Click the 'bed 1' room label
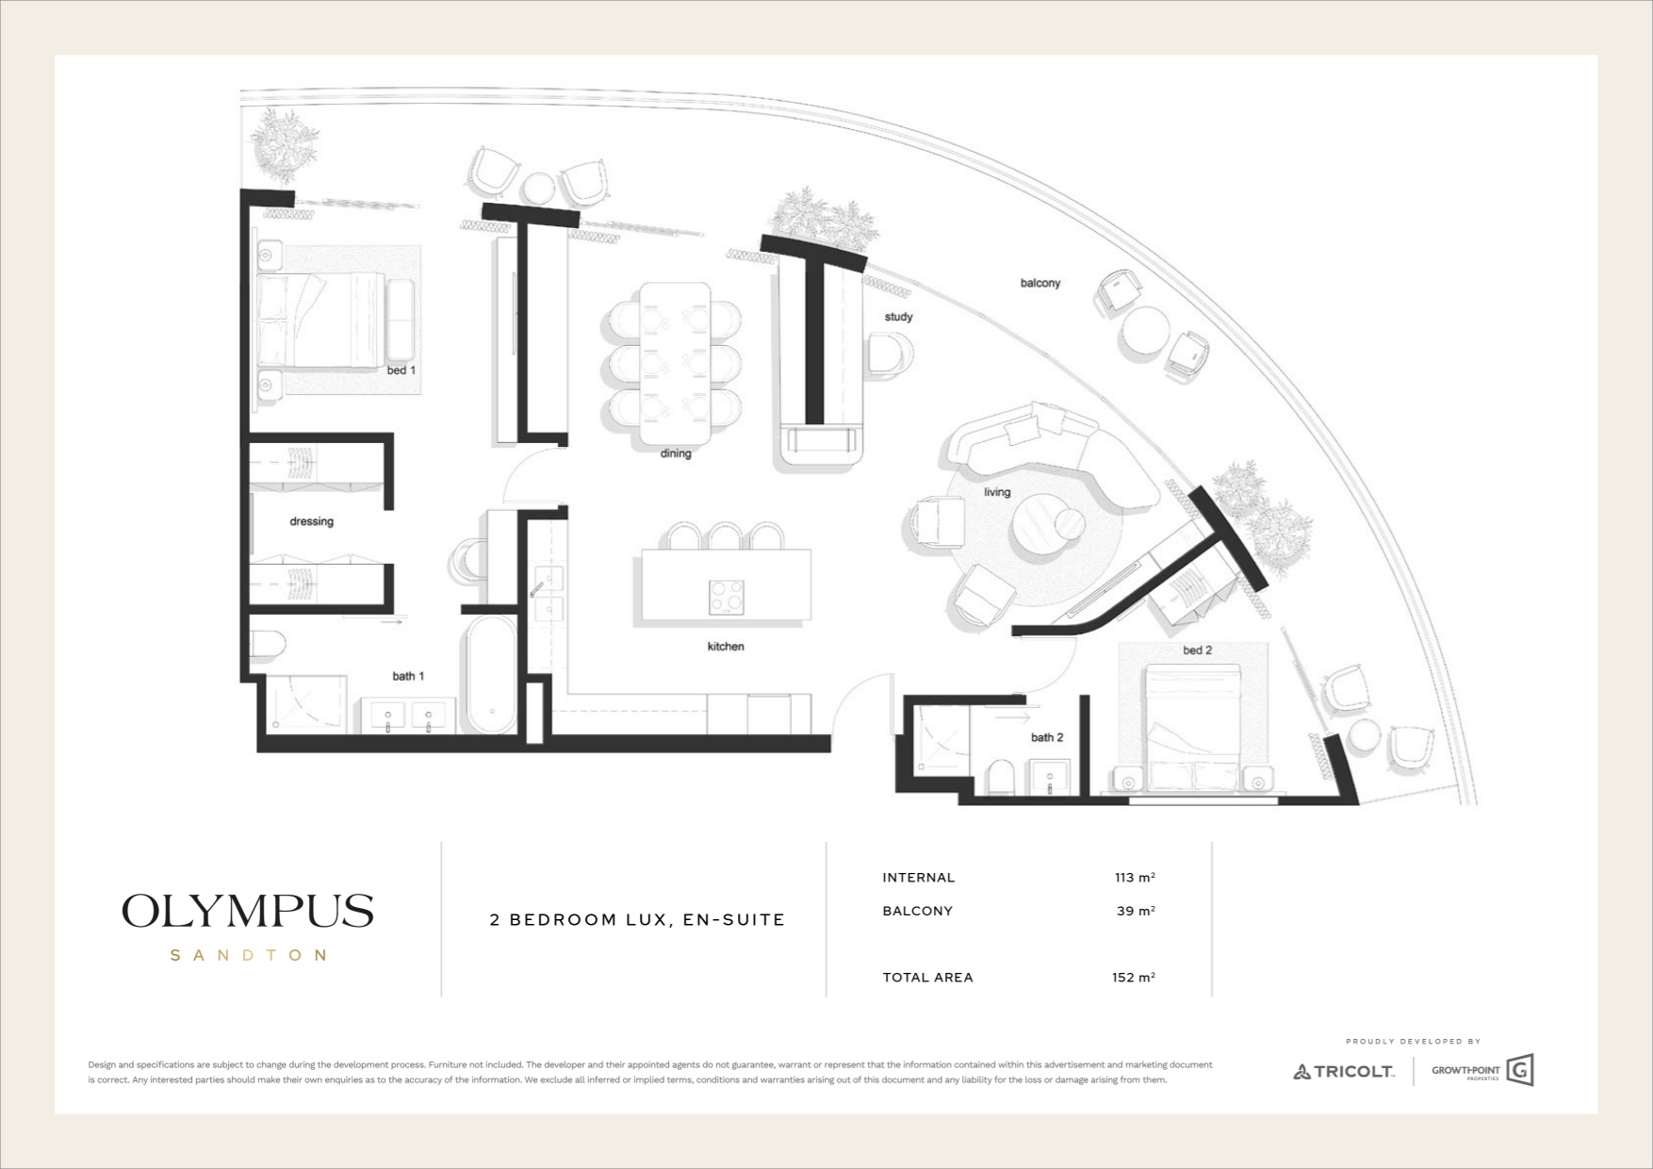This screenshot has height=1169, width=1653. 401,370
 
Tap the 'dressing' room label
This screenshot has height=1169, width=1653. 311,521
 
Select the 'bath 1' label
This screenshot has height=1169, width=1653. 408,676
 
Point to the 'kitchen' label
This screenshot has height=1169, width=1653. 726,647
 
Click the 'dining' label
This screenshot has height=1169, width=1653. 676,453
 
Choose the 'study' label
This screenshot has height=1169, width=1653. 898,317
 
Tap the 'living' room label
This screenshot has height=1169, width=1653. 997,492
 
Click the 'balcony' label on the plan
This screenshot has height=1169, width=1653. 1040,283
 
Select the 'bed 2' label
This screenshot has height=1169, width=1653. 1198,650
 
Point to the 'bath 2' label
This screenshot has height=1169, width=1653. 1047,737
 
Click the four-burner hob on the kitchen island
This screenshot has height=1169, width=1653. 726,597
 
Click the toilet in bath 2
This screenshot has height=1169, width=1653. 1002,779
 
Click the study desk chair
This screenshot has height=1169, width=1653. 892,354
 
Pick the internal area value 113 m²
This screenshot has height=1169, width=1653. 1135,878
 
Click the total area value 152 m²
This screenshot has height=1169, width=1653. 1134,978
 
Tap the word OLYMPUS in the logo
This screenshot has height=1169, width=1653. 248,912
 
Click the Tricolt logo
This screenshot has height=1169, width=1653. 1343,1071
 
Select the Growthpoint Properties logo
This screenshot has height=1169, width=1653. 1482,1071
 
